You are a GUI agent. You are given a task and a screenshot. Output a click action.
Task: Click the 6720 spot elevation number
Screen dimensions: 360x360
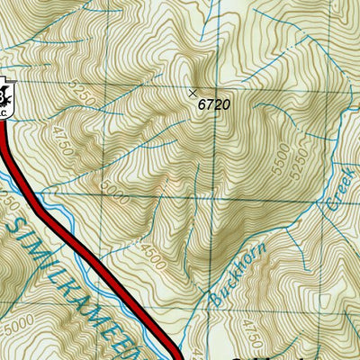(x=214, y=104)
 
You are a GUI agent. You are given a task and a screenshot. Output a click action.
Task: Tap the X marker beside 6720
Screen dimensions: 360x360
(x=192, y=92)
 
